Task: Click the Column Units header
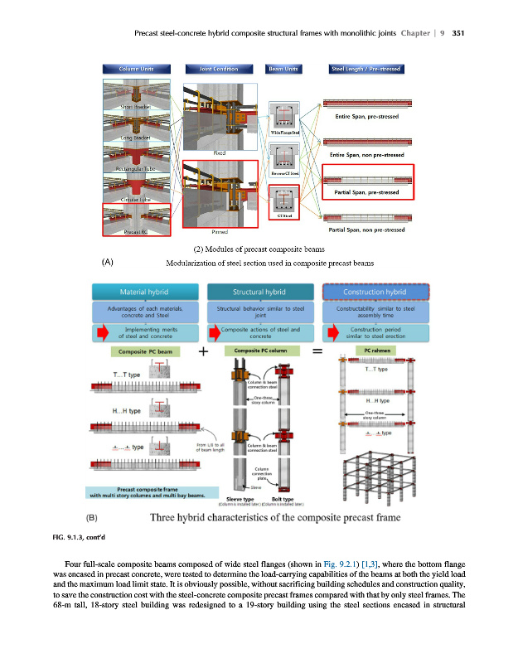click(x=134, y=68)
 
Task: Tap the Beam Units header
click(x=284, y=68)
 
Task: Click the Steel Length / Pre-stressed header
click(x=366, y=68)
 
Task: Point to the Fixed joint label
click(x=220, y=153)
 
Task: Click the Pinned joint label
click(x=220, y=232)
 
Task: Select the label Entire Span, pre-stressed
click(x=366, y=117)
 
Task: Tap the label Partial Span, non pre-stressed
click(x=366, y=230)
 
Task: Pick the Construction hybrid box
click(x=376, y=292)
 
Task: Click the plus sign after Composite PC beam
click(x=202, y=351)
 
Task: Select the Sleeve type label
click(x=240, y=499)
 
